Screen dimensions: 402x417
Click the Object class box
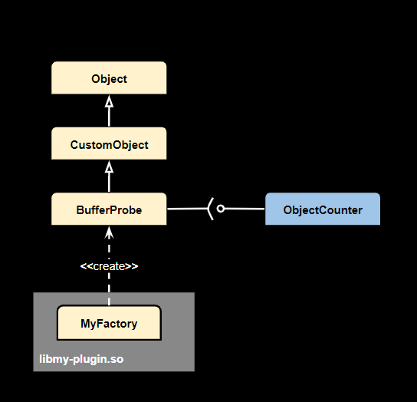(109, 78)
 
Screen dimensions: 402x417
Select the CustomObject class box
(109, 144)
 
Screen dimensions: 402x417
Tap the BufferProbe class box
(109, 209)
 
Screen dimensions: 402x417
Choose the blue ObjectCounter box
(322, 209)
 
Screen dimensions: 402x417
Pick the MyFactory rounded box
(109, 323)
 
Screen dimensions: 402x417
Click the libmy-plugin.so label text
(81, 359)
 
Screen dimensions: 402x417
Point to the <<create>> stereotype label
(109, 266)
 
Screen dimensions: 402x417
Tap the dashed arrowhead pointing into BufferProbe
(109, 231)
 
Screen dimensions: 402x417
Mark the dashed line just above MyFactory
(109, 295)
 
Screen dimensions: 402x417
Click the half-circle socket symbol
(210, 209)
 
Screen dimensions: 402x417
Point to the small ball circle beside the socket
(220, 209)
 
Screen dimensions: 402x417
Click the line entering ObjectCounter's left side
(245, 209)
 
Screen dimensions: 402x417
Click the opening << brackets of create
(85, 266)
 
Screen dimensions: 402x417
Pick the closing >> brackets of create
(132, 266)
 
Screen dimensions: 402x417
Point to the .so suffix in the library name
(116, 359)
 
